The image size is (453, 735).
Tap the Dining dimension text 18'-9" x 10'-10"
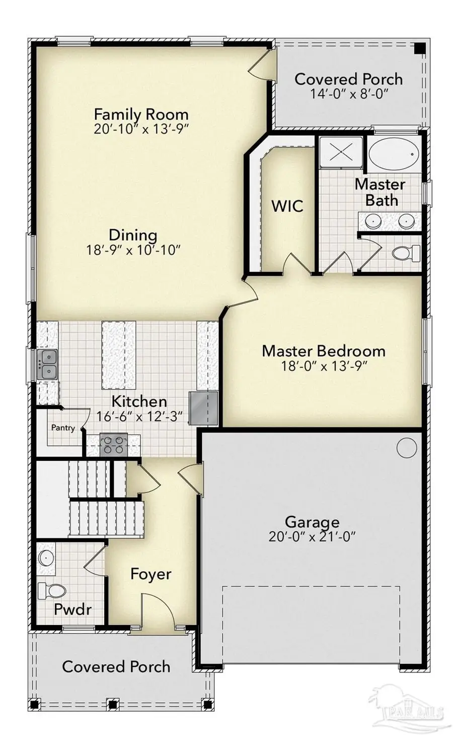point(133,250)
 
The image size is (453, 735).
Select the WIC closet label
point(287,206)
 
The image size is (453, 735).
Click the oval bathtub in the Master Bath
point(393,152)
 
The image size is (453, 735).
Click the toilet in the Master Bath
point(405,253)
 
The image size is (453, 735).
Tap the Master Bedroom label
point(323,351)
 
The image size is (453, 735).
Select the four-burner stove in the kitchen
point(113,445)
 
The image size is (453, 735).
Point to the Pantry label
point(63,427)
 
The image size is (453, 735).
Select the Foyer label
point(150,574)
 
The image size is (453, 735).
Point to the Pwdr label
point(72,609)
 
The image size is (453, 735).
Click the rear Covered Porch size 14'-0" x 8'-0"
point(348,94)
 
